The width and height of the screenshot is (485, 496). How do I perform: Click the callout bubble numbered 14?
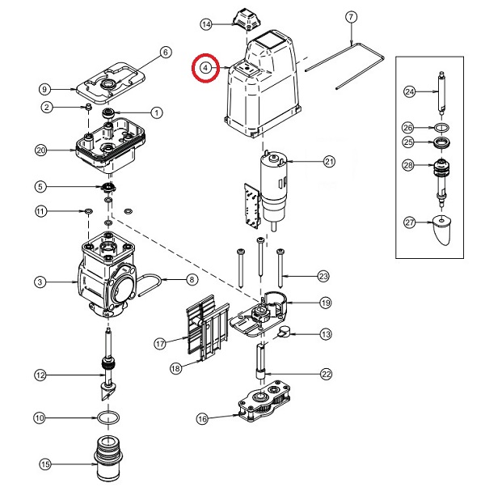(206, 25)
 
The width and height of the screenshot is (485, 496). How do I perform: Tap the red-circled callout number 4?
(207, 68)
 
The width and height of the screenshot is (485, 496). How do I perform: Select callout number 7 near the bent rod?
(351, 17)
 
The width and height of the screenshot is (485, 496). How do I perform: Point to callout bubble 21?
(329, 162)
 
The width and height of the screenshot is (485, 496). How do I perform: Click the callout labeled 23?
(323, 277)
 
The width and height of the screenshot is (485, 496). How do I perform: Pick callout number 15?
(45, 464)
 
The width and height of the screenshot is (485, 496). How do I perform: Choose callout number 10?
(39, 418)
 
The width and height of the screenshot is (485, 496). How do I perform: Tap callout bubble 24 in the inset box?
(409, 92)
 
